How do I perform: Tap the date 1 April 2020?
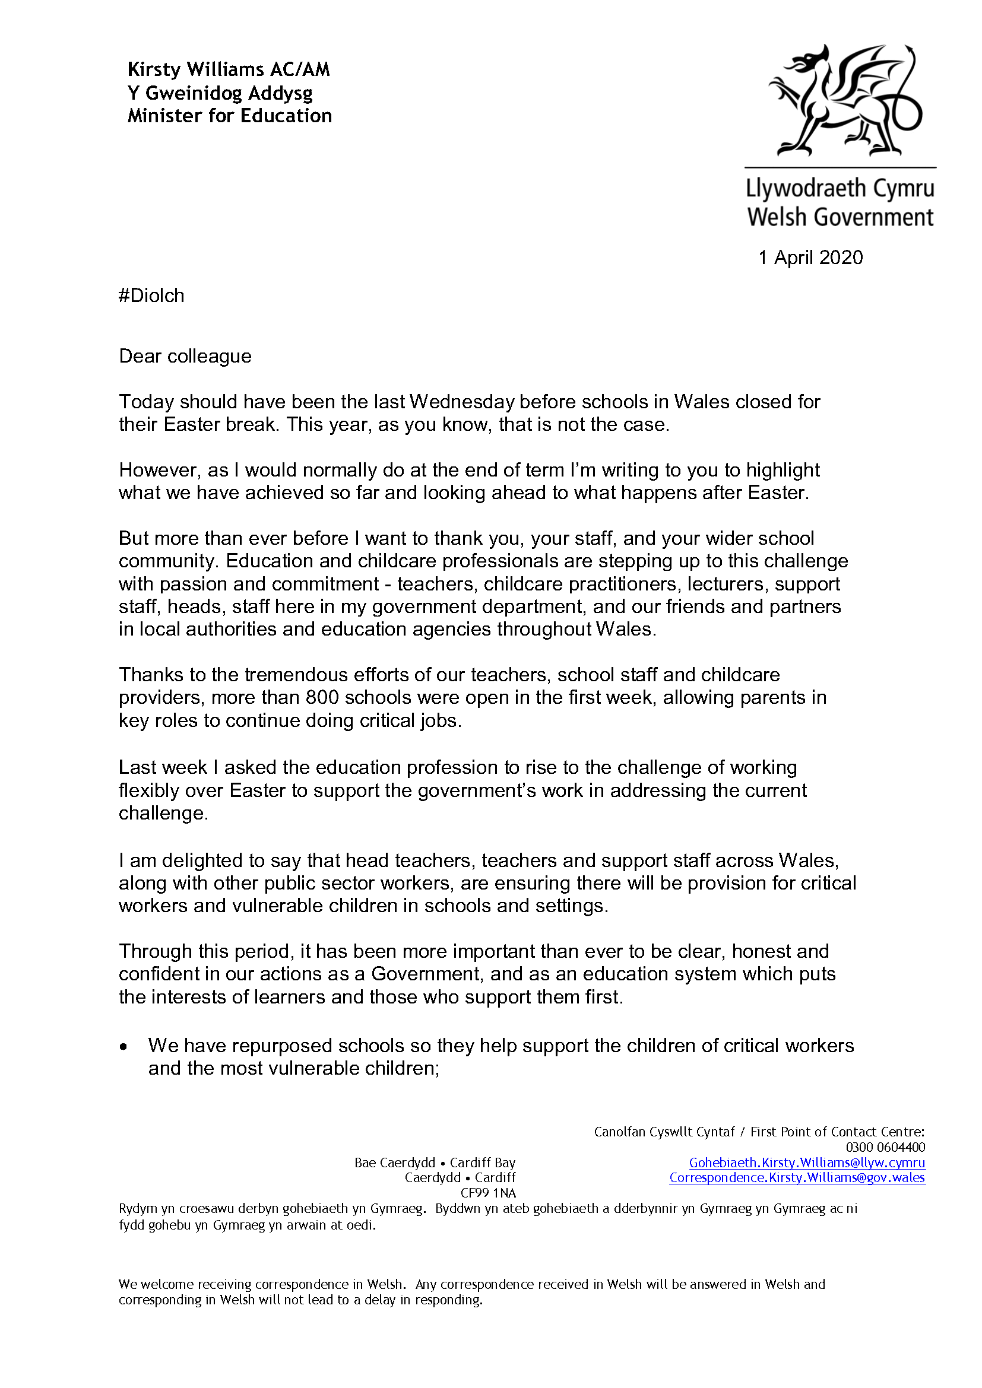tap(810, 258)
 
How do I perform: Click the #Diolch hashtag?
tap(152, 296)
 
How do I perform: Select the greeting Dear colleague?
tap(185, 356)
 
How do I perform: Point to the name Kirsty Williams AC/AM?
tap(229, 70)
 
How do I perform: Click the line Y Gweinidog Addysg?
tap(220, 93)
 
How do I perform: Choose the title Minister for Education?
tap(230, 116)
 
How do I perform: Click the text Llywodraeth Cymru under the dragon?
tap(840, 189)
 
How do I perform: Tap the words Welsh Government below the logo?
tap(840, 217)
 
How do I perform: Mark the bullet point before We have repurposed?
tap(124, 1047)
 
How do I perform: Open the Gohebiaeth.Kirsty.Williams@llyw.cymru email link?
tap(807, 1163)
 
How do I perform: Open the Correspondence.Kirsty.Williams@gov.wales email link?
tap(797, 1177)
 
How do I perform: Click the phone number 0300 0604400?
tap(885, 1148)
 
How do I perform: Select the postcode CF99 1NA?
tap(488, 1193)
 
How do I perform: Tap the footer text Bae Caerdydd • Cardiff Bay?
tap(435, 1163)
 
